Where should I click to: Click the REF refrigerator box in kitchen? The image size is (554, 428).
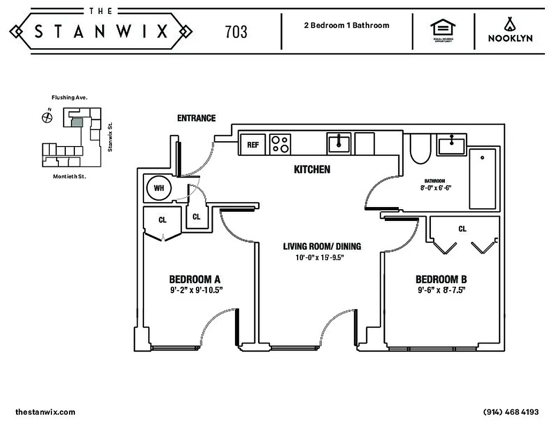tap(253, 144)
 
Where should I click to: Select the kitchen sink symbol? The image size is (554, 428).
tap(339, 143)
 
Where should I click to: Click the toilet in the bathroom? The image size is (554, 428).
tap(420, 148)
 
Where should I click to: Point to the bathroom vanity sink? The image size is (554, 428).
tap(453, 144)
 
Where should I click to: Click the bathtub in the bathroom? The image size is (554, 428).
tap(482, 179)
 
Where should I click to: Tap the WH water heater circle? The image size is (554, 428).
tap(159, 188)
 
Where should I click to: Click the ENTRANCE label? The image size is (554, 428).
tap(196, 118)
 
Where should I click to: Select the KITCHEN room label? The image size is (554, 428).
tap(312, 170)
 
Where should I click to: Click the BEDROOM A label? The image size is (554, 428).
tap(195, 279)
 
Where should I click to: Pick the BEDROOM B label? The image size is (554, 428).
tap(441, 279)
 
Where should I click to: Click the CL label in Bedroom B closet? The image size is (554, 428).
tap(462, 229)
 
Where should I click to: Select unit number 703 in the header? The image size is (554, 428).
tap(236, 32)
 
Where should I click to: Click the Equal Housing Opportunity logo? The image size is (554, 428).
tap(443, 31)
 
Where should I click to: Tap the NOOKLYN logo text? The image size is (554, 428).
tap(509, 38)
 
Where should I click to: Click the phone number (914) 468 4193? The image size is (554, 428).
tap(511, 412)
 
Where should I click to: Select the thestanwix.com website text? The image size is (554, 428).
tap(45, 412)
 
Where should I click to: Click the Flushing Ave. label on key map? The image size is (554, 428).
tap(70, 98)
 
